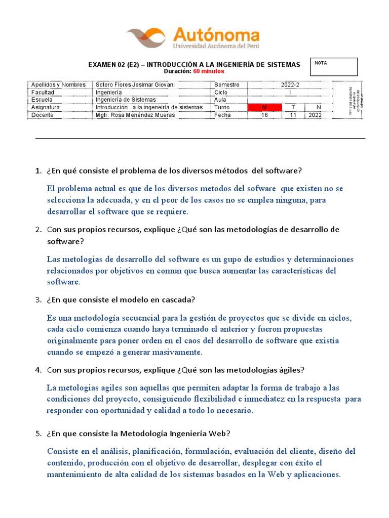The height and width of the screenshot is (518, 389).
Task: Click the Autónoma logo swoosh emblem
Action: (146, 37)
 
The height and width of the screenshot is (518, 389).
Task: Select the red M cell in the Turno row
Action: (264, 108)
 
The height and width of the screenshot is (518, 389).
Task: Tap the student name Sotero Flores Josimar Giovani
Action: (135, 85)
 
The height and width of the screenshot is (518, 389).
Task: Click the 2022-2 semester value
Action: (290, 85)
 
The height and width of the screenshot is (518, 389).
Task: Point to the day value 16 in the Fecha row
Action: (264, 115)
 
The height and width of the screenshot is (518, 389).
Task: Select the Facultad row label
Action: (43, 93)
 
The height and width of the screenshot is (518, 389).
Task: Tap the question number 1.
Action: (38, 171)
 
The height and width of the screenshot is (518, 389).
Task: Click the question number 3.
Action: (38, 300)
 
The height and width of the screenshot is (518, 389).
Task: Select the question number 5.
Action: (38, 434)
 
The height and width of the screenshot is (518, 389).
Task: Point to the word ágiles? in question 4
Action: (292, 370)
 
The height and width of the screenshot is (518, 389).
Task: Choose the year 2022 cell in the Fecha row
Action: (318, 115)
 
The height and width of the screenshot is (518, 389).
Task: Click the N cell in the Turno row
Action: (318, 108)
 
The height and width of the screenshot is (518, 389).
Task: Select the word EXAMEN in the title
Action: (102, 65)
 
